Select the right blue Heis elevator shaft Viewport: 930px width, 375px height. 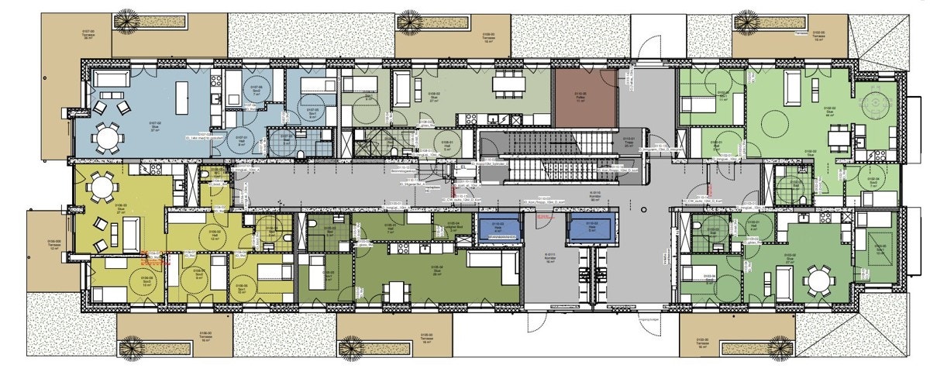pyautogui.click(x=592, y=228)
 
